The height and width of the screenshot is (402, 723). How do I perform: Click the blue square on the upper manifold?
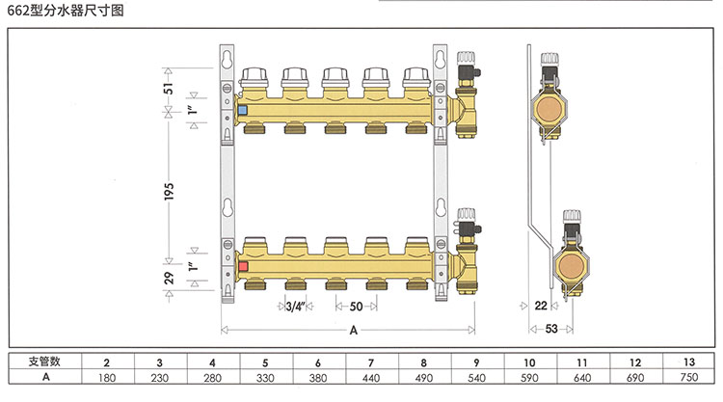[x=243, y=111]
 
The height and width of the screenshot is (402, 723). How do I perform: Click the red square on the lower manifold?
[x=244, y=266]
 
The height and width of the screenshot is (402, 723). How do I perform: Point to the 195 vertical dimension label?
[x=169, y=191]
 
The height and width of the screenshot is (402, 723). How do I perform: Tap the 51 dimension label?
[x=169, y=88]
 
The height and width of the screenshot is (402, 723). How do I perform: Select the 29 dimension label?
[x=169, y=278]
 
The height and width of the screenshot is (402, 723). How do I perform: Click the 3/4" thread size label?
[x=296, y=307]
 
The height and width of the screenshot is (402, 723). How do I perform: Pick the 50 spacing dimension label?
[x=356, y=307]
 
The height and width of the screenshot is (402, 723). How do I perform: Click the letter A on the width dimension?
[x=353, y=330]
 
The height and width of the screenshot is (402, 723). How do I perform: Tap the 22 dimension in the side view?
[x=541, y=306]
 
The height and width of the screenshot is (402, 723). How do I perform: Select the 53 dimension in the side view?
[x=551, y=329]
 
